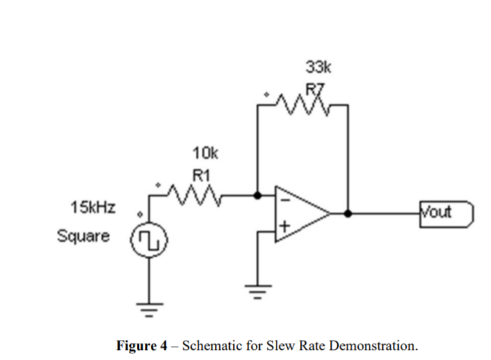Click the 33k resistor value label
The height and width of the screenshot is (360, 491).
[318, 67]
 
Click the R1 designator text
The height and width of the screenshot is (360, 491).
[202, 176]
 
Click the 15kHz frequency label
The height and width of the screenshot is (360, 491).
[92, 208]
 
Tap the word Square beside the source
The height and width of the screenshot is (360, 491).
[84, 236]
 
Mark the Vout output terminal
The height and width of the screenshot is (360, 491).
[446, 214]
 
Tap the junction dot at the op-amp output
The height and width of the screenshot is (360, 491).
[347, 214]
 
